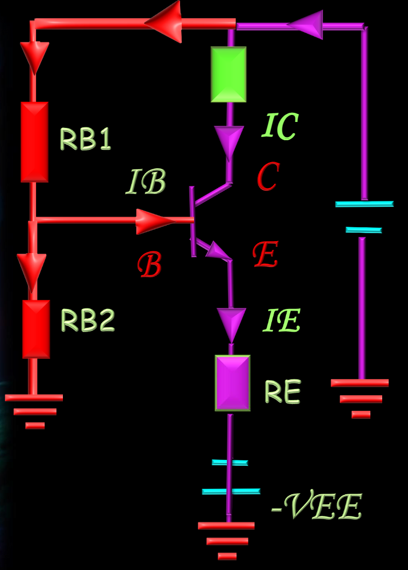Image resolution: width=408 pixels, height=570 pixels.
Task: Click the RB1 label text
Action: [85, 140]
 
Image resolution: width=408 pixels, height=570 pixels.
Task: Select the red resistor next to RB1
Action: [34, 142]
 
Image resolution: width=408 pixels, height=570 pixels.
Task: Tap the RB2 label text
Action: [88, 321]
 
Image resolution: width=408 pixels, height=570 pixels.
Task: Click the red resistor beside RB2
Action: [36, 329]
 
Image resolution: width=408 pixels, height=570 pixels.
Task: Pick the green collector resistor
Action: [228, 74]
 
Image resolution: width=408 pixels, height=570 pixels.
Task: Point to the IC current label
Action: [280, 127]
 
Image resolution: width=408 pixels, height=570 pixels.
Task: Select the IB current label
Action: [146, 183]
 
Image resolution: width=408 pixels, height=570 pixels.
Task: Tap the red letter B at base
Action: [149, 265]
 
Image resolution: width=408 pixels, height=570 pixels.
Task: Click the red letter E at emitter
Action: [265, 256]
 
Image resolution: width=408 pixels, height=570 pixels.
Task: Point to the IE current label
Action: [281, 321]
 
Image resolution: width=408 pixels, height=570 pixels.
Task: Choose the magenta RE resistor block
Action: [233, 383]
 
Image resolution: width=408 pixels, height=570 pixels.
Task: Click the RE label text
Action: [282, 393]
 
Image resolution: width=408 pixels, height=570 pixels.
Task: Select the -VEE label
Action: [317, 507]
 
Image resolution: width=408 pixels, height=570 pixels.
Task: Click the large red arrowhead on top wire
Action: [164, 23]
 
